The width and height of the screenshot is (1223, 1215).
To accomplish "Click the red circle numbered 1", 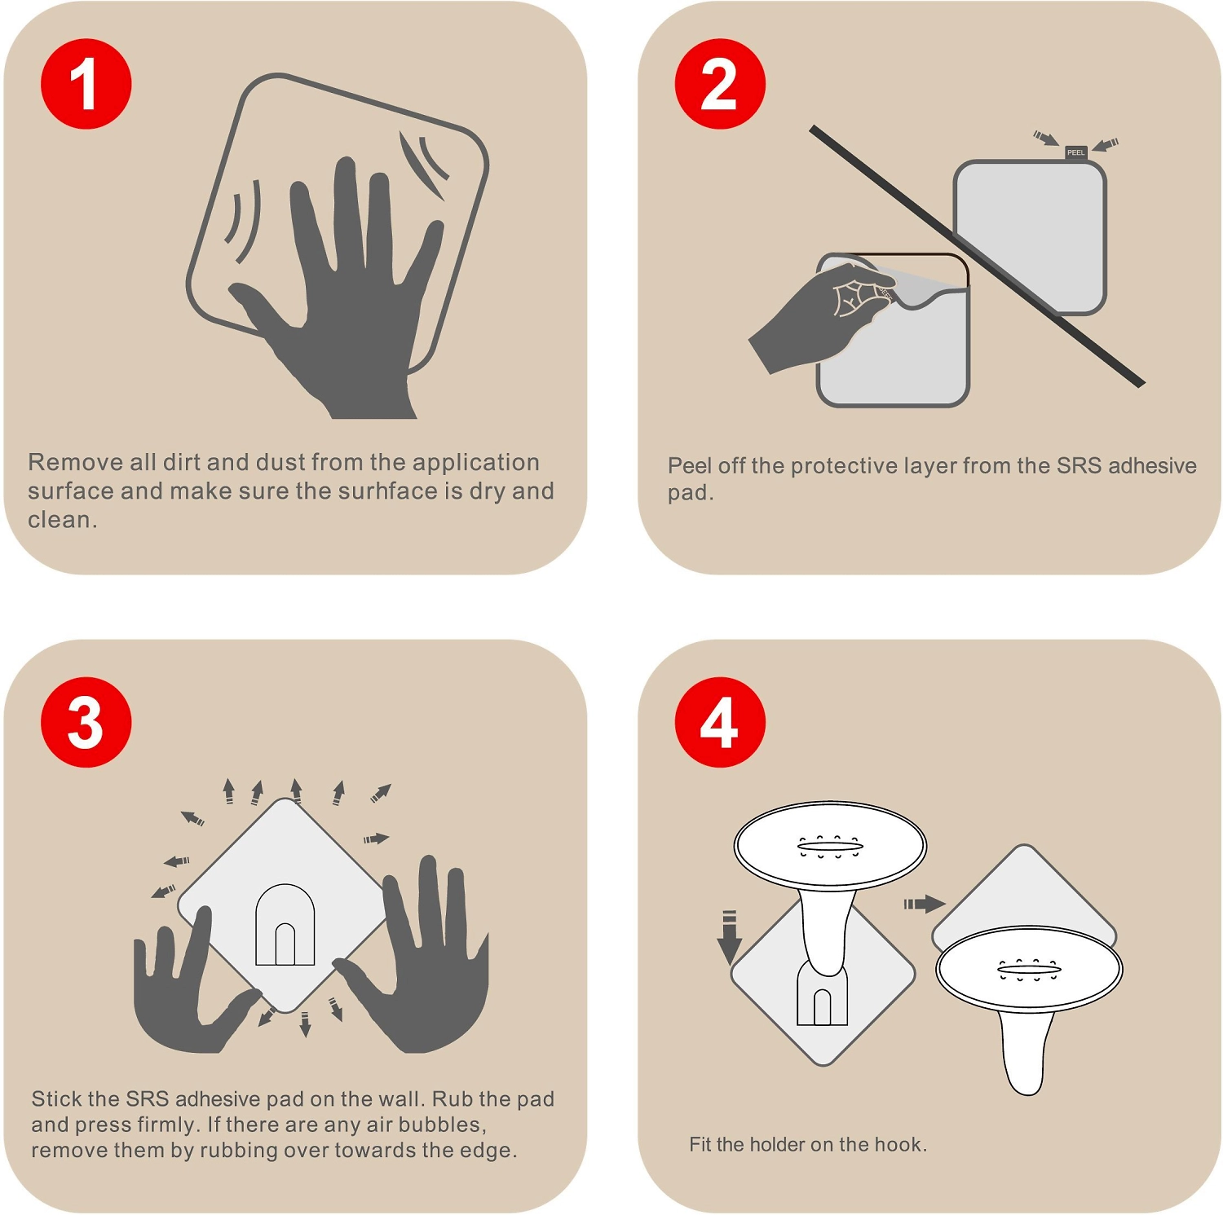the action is [86, 84].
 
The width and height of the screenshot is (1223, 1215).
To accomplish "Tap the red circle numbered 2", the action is [720, 84].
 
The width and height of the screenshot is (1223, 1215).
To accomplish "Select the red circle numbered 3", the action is [86, 722].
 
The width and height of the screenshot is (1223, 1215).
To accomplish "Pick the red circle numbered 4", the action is [720, 722].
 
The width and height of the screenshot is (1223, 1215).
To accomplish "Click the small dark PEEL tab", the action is [1076, 152].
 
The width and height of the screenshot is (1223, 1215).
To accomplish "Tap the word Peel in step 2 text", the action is [690, 465].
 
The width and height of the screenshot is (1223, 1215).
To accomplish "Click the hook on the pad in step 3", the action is [285, 925].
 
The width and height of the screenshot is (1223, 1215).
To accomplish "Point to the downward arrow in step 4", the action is [729, 938].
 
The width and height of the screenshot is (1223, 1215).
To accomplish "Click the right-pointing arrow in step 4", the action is [925, 904].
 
